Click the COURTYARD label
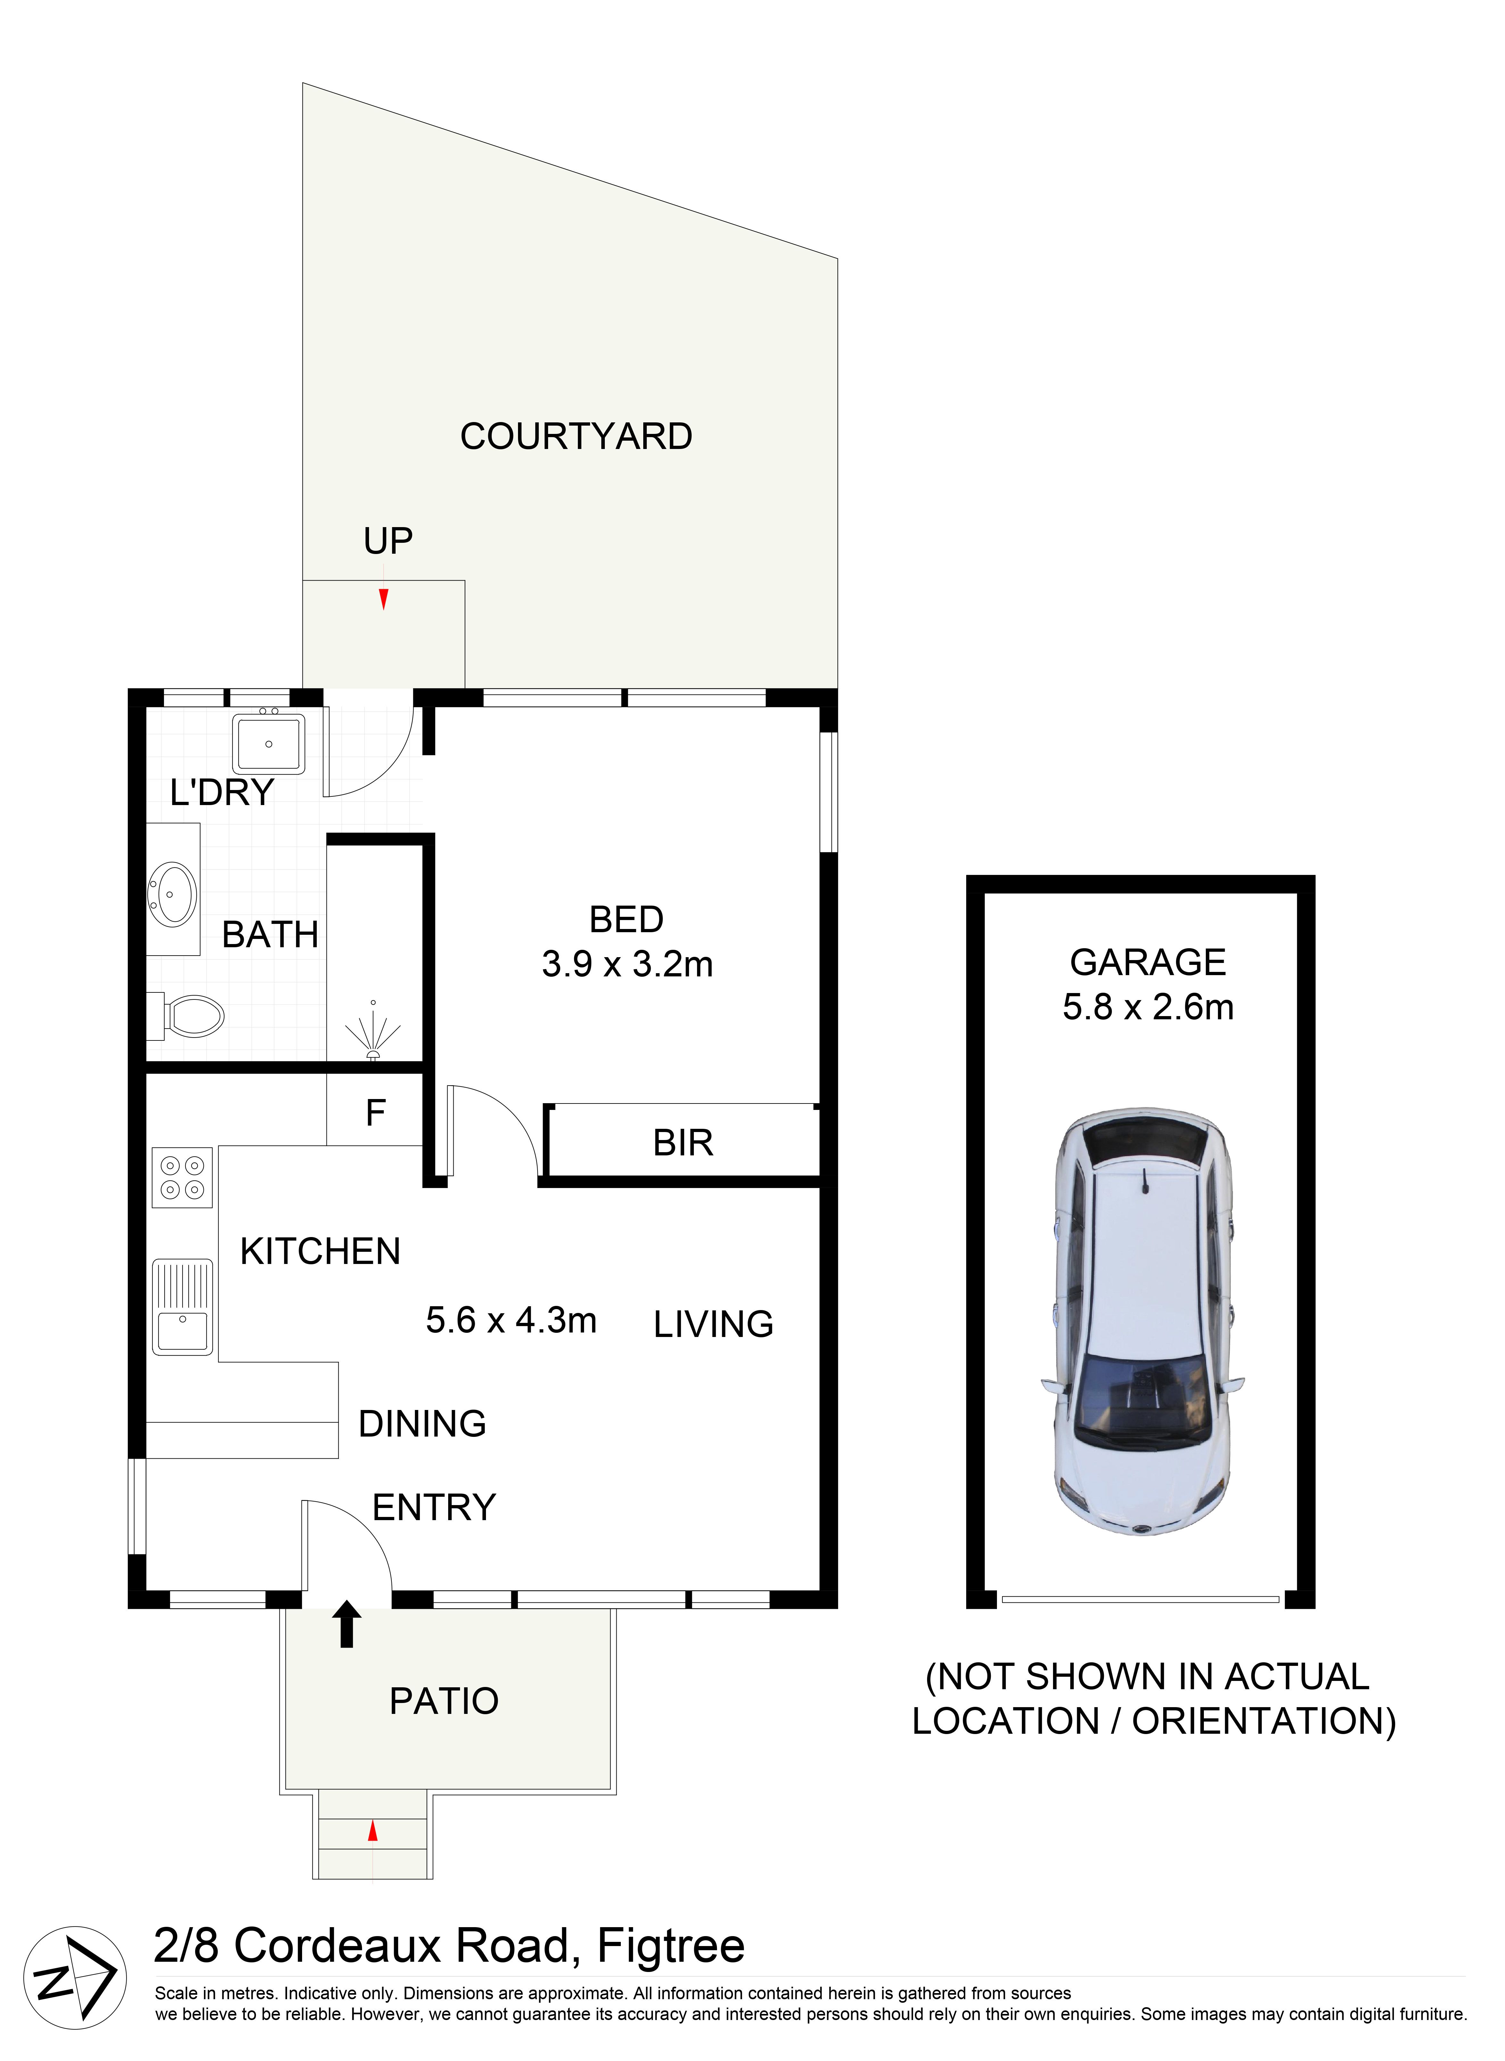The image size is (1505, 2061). pyautogui.click(x=576, y=436)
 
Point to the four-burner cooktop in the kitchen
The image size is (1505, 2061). pyautogui.click(x=182, y=1177)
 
